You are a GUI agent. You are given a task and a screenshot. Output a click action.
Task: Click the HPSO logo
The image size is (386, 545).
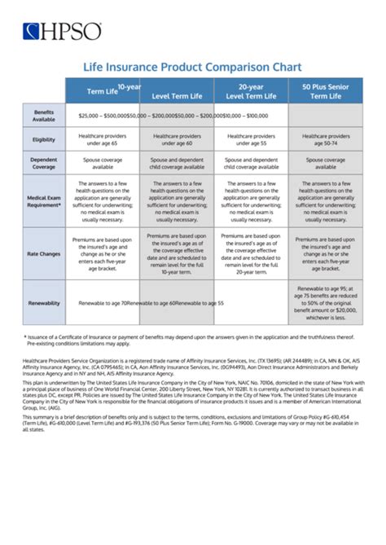63,32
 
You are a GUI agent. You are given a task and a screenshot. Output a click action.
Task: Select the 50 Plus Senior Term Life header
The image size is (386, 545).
326,90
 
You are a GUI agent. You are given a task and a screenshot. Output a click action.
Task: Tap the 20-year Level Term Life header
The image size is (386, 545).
252,90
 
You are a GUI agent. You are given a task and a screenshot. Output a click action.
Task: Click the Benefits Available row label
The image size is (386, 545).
44,115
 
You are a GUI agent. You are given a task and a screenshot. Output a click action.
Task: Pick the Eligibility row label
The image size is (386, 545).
44,139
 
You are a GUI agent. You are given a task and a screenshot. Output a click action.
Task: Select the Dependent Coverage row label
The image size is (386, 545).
44,164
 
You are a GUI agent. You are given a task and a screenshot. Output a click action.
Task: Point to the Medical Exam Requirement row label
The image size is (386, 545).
44,200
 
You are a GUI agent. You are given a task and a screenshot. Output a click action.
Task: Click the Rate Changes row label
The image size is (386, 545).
44,253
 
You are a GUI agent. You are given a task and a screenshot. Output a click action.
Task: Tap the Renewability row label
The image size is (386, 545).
44,302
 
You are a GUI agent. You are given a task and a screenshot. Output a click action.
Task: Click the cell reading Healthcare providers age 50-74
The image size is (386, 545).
326,139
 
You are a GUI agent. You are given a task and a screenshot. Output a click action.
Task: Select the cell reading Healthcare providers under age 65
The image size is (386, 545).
103,139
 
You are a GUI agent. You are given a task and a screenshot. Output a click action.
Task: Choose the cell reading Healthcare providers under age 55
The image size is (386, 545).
252,139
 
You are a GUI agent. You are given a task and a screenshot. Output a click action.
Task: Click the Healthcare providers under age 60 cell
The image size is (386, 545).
177,139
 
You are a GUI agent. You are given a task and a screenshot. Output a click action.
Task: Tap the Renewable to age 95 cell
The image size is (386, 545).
326,302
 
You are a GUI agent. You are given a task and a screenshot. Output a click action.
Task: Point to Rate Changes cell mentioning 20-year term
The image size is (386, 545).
252,253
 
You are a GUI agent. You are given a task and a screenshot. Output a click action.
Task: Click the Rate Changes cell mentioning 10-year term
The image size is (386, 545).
177,253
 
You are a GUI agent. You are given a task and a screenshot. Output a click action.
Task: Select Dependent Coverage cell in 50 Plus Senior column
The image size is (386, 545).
326,164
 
